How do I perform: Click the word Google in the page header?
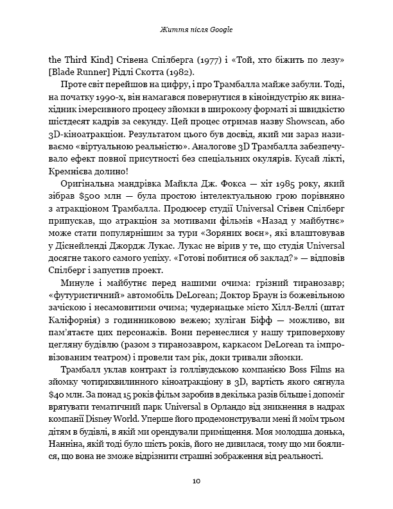[218, 29]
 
